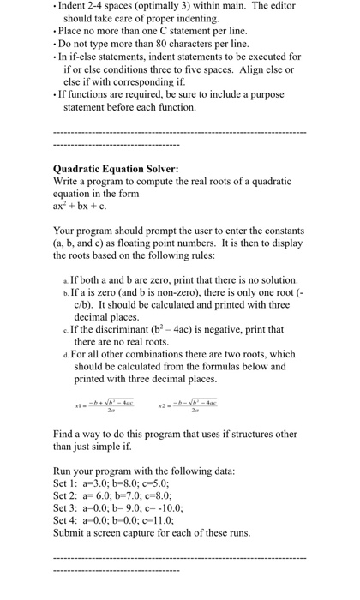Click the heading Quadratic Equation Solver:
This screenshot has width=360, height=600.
tap(115, 169)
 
